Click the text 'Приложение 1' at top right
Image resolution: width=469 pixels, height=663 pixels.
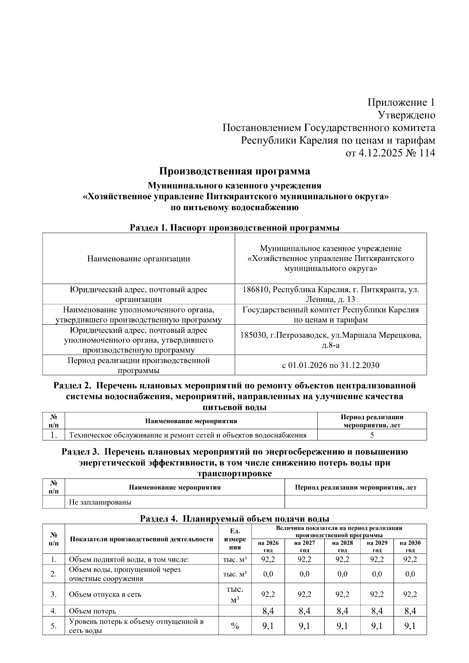(x=401, y=103)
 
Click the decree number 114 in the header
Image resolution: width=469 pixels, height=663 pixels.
(x=427, y=153)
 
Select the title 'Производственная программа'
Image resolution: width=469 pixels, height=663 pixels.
(x=234, y=171)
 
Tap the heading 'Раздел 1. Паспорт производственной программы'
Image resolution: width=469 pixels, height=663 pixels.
(x=234, y=227)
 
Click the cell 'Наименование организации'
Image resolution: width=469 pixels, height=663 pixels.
(x=138, y=259)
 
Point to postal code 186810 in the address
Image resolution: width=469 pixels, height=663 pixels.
(x=256, y=290)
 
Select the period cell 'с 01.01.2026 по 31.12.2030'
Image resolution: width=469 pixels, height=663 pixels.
(x=331, y=365)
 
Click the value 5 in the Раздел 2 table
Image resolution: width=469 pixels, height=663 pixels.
(x=372, y=435)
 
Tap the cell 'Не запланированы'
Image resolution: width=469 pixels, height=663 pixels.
(x=100, y=502)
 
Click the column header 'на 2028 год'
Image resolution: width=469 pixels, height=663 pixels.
(x=342, y=546)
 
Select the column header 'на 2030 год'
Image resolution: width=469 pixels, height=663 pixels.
(x=410, y=546)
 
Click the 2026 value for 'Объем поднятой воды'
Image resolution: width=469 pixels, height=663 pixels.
(x=268, y=559)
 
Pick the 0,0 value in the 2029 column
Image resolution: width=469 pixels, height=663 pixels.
(x=377, y=574)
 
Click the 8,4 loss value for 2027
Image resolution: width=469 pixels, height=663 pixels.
(x=304, y=611)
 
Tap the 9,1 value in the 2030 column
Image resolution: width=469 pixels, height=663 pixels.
(x=410, y=626)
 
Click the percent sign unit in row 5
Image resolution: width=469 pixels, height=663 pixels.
(x=235, y=626)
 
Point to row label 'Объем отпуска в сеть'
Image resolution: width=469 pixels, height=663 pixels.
(x=105, y=595)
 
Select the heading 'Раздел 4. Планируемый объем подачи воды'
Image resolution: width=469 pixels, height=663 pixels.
(x=234, y=519)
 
